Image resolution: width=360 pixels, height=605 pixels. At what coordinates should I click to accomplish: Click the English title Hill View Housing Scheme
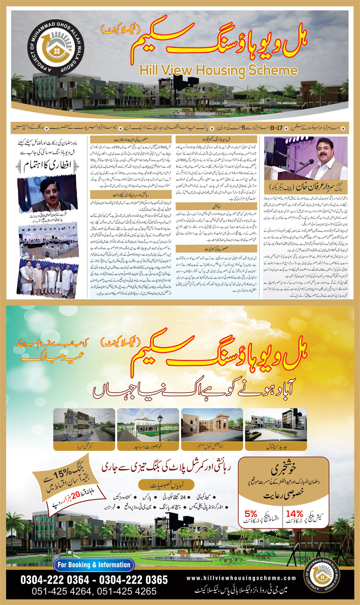pos(218,70)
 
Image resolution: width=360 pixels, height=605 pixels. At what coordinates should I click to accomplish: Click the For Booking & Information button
pos(94,565)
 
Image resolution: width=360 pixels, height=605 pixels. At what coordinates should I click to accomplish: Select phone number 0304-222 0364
pos(55,580)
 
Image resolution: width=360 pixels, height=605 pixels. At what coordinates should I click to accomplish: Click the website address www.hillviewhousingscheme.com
pos(241,578)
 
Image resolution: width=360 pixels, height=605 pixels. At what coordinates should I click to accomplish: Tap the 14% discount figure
pos(294,514)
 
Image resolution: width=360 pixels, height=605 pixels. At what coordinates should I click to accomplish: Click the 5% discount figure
pos(251,514)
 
